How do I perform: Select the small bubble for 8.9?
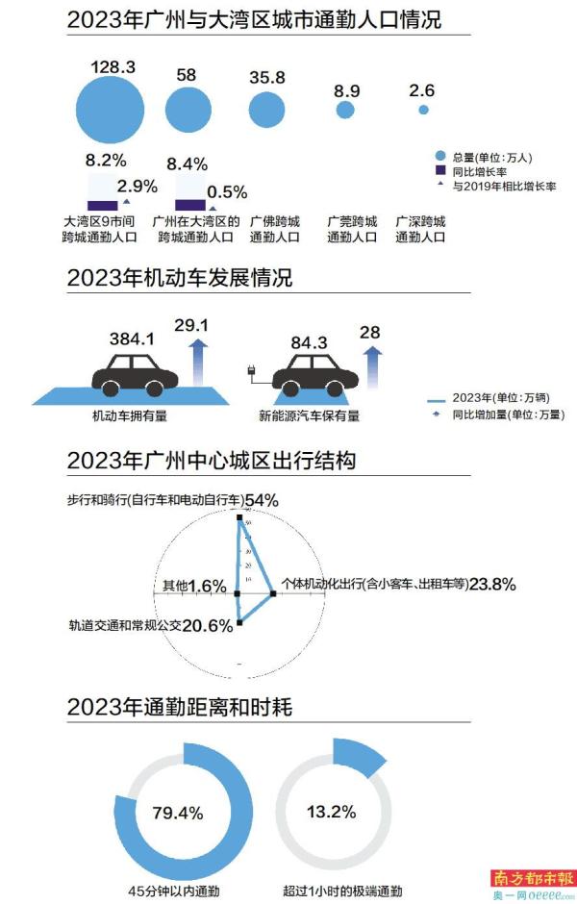pos(344,111)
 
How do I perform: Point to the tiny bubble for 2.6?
pos(423,111)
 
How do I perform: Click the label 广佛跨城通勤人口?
pos(274,228)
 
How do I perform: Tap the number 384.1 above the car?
pos(132,339)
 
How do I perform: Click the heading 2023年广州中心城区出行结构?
pos(211,461)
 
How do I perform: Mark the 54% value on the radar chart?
pos(261,501)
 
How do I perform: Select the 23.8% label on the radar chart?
pos(491,583)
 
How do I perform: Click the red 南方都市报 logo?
pos(532,878)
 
